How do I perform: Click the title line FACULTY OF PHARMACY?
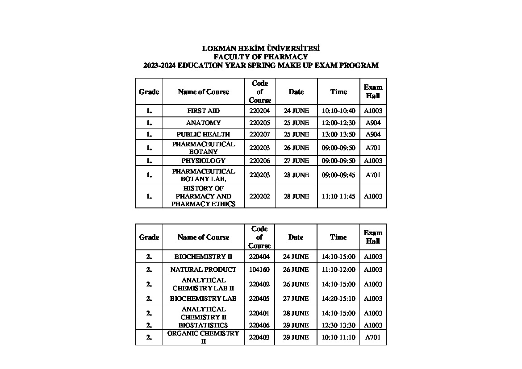click(x=261, y=57)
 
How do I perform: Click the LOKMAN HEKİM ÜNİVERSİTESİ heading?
click(x=261, y=48)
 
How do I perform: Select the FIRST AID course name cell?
click(x=203, y=111)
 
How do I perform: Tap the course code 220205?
click(x=259, y=123)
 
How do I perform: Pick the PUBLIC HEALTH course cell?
click(x=203, y=134)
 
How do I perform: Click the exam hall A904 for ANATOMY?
click(x=373, y=123)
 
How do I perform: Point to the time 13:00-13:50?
click(x=338, y=134)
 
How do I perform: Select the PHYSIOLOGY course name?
click(x=203, y=161)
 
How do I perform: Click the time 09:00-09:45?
click(x=338, y=175)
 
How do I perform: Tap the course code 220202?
click(x=259, y=196)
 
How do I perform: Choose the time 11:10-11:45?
click(x=338, y=196)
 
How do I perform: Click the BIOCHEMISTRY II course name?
click(x=203, y=257)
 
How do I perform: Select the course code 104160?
click(x=259, y=269)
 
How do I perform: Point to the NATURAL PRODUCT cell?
click(x=203, y=269)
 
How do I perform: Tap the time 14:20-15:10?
click(x=338, y=299)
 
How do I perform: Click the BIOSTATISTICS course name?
click(x=203, y=325)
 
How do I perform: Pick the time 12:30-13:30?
click(x=338, y=325)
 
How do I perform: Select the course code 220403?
click(x=259, y=337)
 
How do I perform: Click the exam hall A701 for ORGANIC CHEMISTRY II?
click(x=373, y=337)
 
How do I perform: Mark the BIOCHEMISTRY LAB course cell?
click(x=203, y=299)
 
